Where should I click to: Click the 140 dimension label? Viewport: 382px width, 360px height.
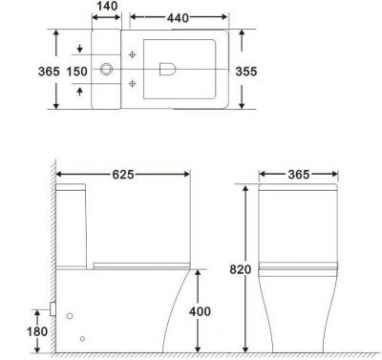click(x=107, y=6)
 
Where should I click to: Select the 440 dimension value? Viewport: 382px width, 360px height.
click(x=178, y=18)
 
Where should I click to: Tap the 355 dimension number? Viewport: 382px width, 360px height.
click(x=246, y=72)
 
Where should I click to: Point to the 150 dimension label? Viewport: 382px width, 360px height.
click(x=77, y=72)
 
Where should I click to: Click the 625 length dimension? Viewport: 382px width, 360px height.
click(x=123, y=175)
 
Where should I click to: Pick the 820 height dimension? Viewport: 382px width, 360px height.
click(x=241, y=269)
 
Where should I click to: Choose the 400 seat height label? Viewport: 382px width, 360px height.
click(x=200, y=311)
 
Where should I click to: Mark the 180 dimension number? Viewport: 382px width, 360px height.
click(x=37, y=331)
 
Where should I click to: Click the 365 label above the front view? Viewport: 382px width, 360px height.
click(x=299, y=175)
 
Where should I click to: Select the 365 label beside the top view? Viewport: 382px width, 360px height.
click(x=49, y=72)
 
